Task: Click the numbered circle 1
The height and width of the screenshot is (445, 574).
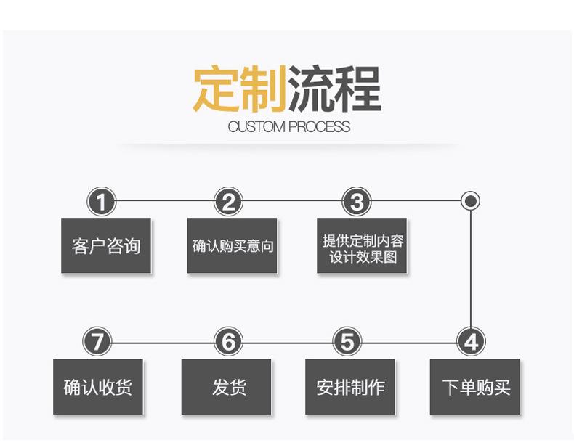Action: tap(102, 201)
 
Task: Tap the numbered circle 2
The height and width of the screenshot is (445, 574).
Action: tap(229, 201)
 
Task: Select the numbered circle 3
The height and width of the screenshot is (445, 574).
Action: tap(357, 201)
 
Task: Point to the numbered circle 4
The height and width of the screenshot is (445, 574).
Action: tap(471, 341)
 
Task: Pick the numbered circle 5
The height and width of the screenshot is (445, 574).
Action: tap(347, 341)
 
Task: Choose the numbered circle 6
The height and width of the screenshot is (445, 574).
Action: tap(229, 341)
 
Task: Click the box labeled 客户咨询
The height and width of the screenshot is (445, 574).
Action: tap(106, 245)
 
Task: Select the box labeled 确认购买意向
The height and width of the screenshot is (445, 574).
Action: tap(233, 245)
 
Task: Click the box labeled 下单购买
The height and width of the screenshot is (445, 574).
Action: tap(475, 386)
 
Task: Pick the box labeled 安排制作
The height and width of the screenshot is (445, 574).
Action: tap(350, 386)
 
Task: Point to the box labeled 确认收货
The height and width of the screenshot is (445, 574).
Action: tap(98, 386)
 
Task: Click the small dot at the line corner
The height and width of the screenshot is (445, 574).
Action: tap(471, 200)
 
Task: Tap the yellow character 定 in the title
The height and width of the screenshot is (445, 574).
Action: tap(216, 89)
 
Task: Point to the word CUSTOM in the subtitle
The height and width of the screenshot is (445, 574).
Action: tap(256, 127)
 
